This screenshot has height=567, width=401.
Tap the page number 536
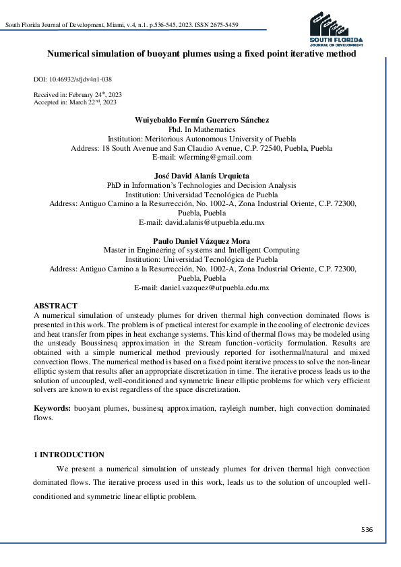point(367,530)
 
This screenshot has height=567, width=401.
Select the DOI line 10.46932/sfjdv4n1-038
point(73,79)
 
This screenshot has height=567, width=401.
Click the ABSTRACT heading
point(56,306)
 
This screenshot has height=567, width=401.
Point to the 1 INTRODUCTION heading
point(69,455)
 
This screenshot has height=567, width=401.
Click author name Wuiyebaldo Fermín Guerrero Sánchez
point(202,120)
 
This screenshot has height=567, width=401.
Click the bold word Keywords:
point(52,409)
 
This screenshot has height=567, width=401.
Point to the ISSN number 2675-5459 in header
point(224,25)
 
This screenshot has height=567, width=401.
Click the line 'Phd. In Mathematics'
point(202,129)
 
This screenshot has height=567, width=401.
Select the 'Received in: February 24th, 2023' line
point(78,94)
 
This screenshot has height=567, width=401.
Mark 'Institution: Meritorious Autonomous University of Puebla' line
point(202,139)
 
